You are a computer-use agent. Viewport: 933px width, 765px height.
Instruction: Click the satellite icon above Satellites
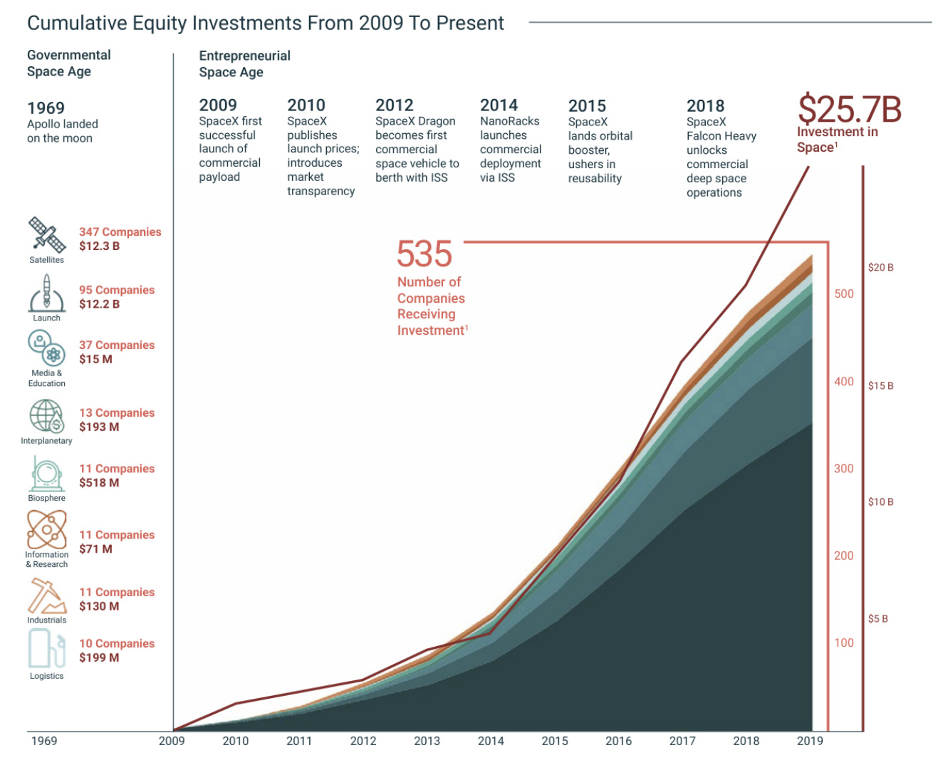point(46,235)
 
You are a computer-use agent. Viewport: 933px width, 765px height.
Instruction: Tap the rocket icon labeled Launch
point(46,293)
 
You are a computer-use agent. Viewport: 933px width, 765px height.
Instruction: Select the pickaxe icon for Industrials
point(46,595)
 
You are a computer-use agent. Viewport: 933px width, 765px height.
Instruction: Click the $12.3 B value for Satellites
point(99,246)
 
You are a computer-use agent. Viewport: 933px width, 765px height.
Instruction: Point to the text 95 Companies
point(117,290)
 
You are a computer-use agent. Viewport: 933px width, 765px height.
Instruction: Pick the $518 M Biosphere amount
point(99,482)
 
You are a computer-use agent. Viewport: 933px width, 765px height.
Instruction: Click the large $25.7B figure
point(849,110)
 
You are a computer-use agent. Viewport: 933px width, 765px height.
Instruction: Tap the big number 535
point(424,254)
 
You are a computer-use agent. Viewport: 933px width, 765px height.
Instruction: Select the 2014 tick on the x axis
point(491,741)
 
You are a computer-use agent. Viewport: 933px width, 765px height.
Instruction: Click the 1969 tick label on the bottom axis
point(44,741)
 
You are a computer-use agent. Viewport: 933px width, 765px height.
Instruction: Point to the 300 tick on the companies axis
point(844,469)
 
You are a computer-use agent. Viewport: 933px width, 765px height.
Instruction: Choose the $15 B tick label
point(880,386)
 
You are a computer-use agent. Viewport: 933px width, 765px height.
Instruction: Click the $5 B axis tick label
point(878,619)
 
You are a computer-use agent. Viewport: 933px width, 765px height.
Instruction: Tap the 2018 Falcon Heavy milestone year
point(705,106)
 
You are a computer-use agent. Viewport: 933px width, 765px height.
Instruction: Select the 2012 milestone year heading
point(395,105)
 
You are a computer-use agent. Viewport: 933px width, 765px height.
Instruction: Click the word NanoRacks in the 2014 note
point(509,121)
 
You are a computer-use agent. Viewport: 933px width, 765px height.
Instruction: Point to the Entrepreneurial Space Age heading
point(244,63)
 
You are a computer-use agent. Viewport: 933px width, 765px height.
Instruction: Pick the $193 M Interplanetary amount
point(99,427)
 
